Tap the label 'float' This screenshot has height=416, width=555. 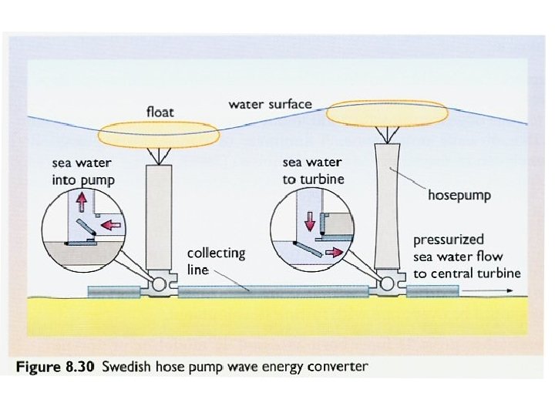(160, 112)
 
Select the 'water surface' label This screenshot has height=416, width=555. (270, 104)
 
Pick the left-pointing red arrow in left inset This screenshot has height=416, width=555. (113, 226)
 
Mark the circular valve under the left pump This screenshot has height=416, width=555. (160, 285)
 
